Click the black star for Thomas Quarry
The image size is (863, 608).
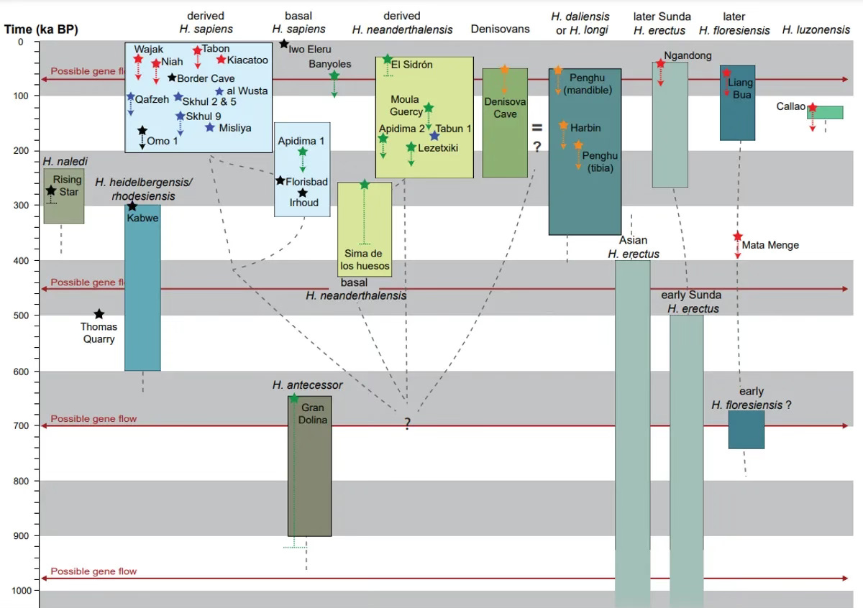[99, 314]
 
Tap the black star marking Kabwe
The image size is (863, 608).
[132, 206]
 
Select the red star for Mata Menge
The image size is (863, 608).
[738, 236]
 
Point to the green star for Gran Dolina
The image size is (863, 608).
[293, 398]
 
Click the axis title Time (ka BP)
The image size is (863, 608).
[41, 29]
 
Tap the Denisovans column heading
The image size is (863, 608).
[500, 29]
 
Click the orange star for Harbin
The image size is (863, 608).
[564, 125]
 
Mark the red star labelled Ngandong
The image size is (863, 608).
[660, 63]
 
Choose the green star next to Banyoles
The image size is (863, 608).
[334, 75]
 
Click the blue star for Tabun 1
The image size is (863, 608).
[434, 136]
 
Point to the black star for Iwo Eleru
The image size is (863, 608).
[284, 44]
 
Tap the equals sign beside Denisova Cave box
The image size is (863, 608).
[536, 127]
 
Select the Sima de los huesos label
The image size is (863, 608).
[365, 259]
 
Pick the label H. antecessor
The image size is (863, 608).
[308, 385]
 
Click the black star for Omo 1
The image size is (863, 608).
[142, 130]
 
